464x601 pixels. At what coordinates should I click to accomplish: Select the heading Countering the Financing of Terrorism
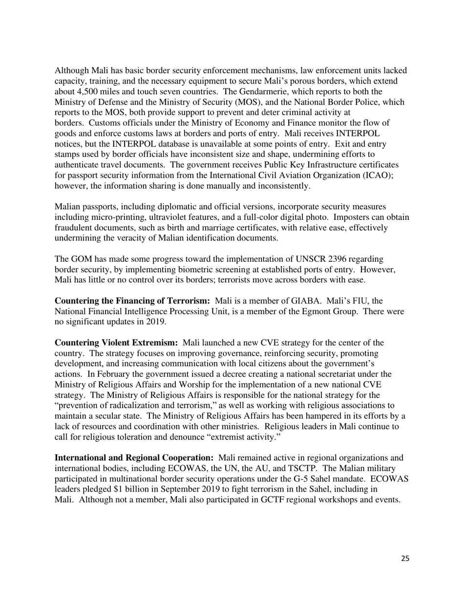[132, 300]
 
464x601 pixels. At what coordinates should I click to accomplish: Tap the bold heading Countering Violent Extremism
[116, 343]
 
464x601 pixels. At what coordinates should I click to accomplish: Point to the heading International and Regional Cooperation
[134, 458]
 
